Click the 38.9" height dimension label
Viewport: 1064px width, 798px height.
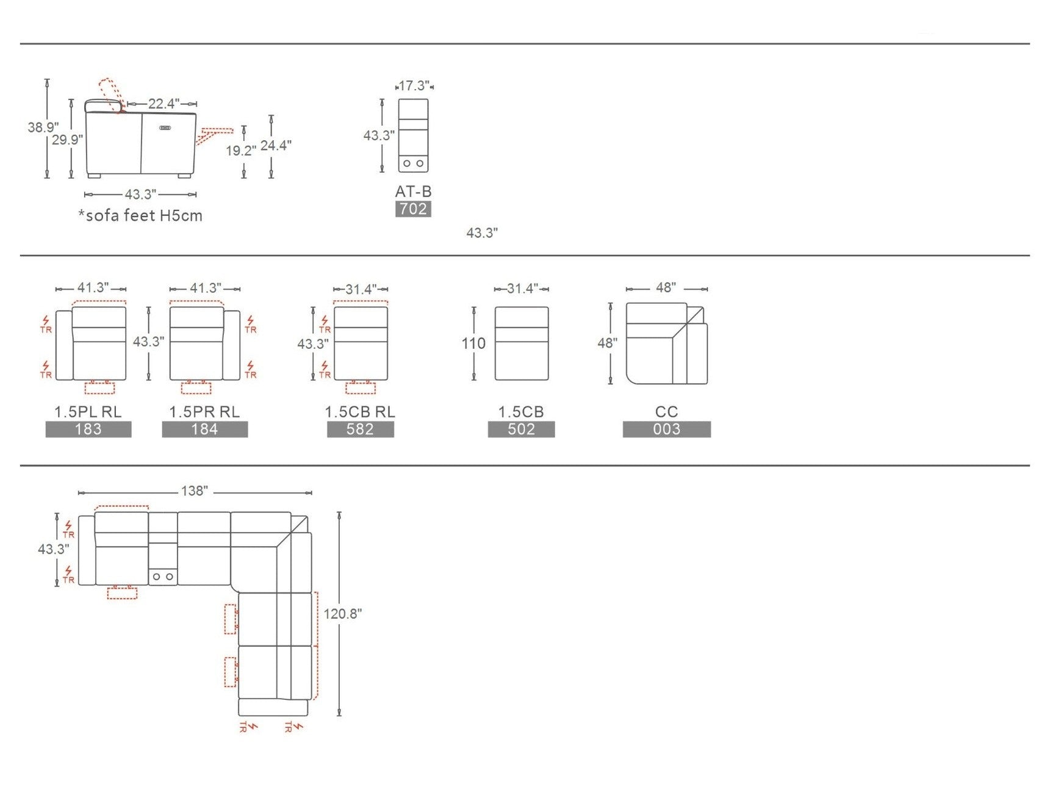coord(43,127)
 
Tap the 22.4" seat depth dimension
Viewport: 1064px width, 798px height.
coord(164,104)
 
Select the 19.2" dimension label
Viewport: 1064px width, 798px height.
coord(241,150)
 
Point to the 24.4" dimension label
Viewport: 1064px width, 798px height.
coord(276,145)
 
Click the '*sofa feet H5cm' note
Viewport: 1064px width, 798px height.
coord(140,215)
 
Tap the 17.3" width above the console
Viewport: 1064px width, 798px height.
coord(414,85)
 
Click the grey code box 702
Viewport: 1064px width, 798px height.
coord(413,209)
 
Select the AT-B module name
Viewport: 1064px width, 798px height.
coord(413,191)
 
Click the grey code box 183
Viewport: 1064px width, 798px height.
coord(88,430)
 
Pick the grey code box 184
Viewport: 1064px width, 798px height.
coord(205,430)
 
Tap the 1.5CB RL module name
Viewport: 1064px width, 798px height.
coord(360,412)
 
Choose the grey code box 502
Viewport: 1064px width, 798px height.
coord(521,430)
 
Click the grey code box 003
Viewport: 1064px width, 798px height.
coord(667,430)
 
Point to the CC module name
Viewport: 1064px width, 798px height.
coord(667,412)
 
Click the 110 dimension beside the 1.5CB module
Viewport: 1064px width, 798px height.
coord(473,343)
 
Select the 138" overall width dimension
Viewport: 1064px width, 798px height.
coord(195,491)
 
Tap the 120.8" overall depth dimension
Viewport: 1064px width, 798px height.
coord(343,613)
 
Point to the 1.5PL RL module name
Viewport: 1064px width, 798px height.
coord(88,412)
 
